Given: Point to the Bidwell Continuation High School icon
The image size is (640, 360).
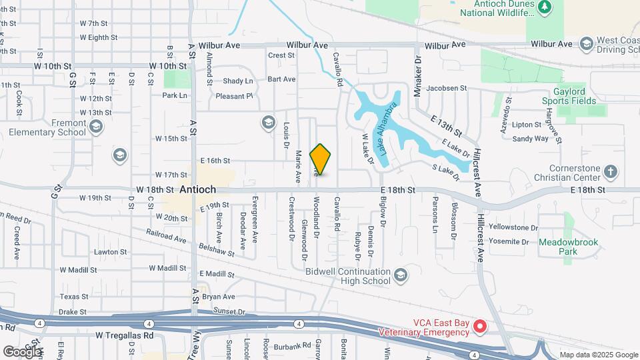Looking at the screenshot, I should pyautogui.click(x=401, y=275).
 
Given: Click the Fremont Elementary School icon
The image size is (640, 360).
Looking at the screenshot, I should pyautogui.click(x=96, y=127).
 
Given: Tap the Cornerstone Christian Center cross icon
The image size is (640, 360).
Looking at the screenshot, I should pyautogui.click(x=610, y=173).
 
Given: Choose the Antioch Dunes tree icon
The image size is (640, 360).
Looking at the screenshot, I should pyautogui.click(x=545, y=7).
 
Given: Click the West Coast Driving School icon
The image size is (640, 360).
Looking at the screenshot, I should pyautogui.click(x=586, y=43).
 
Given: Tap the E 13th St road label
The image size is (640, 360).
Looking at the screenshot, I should pyautogui.click(x=446, y=122).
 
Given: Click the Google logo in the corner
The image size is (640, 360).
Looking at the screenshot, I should pyautogui.click(x=22, y=351).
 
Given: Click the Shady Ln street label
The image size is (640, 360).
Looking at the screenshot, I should pyautogui.click(x=238, y=81).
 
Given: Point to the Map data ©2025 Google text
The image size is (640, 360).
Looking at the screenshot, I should pyautogui.click(x=599, y=355).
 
